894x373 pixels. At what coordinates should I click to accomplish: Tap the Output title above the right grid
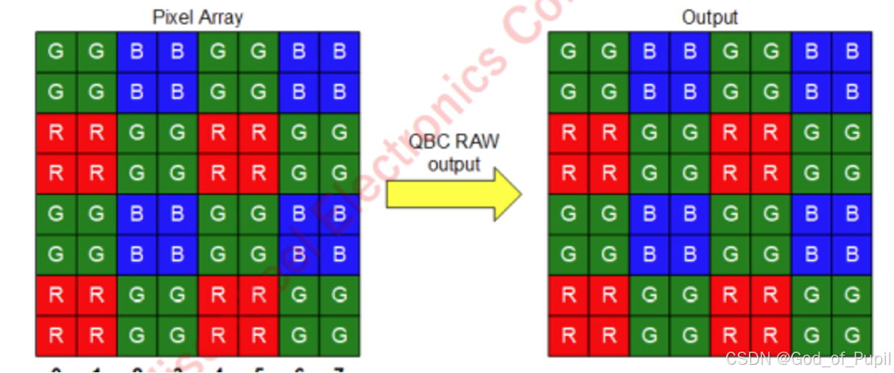click(x=709, y=17)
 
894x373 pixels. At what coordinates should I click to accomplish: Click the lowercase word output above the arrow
click(x=454, y=164)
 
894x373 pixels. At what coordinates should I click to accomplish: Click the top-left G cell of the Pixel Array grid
click(x=56, y=52)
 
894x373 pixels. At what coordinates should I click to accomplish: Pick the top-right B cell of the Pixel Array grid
click(x=339, y=52)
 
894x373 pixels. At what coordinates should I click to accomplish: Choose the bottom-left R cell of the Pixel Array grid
click(x=56, y=336)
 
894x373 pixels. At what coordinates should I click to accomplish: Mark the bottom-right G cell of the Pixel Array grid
click(x=339, y=336)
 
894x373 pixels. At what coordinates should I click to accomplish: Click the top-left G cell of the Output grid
click(x=568, y=52)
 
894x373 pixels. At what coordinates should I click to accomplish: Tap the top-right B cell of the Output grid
click(x=851, y=52)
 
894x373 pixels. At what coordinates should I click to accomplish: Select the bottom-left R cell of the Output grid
click(x=568, y=336)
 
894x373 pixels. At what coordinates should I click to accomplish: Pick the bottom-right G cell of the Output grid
click(x=851, y=336)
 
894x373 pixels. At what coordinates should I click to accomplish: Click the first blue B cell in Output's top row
click(x=649, y=52)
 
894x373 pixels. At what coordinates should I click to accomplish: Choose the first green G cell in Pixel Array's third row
click(x=137, y=133)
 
